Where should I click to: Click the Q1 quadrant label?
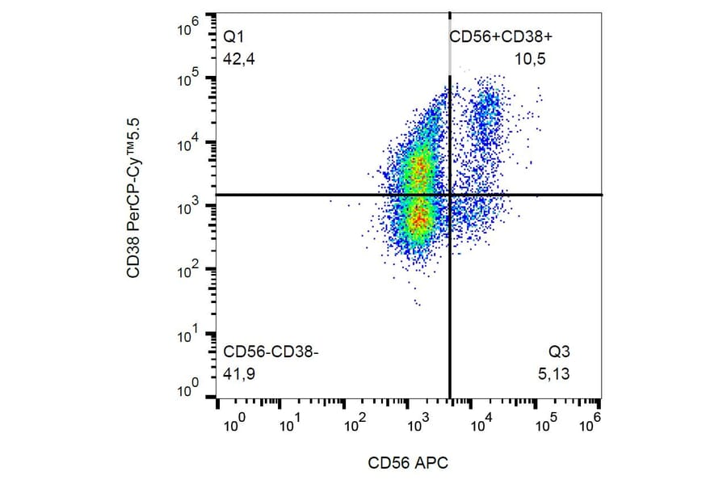[x=233, y=37]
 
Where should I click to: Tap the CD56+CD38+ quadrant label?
[x=500, y=37]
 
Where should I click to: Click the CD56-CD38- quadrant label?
[x=271, y=352]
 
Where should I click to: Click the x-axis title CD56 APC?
[x=408, y=463]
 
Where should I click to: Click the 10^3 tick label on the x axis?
[x=418, y=423]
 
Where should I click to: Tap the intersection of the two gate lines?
[x=449, y=195]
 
